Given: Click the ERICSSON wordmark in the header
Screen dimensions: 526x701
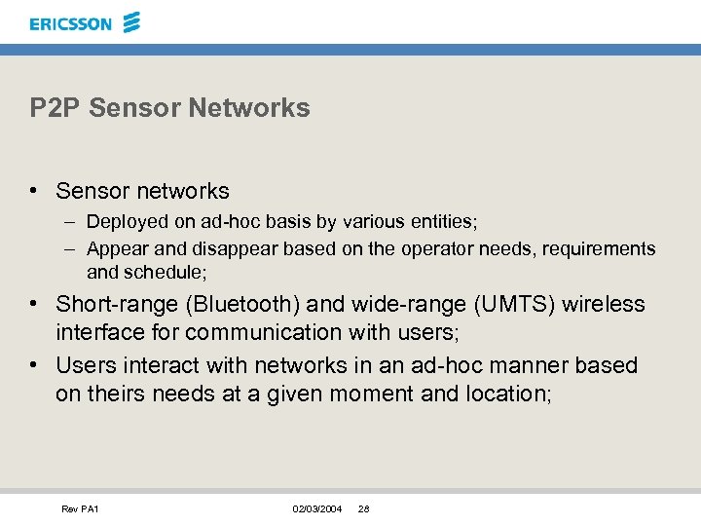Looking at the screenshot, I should click(70, 23).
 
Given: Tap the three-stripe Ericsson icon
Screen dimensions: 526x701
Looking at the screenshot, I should click(131, 22).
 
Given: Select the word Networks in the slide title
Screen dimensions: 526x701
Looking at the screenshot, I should click(265, 108).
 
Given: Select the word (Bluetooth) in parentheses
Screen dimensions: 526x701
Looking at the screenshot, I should click(240, 305).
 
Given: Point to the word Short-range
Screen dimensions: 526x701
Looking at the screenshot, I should click(115, 305).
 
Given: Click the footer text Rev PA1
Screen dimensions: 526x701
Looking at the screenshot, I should click(80, 509).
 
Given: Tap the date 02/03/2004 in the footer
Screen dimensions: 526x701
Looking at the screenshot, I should click(317, 509).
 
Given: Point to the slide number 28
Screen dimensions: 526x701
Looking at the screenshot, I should click(363, 509).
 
